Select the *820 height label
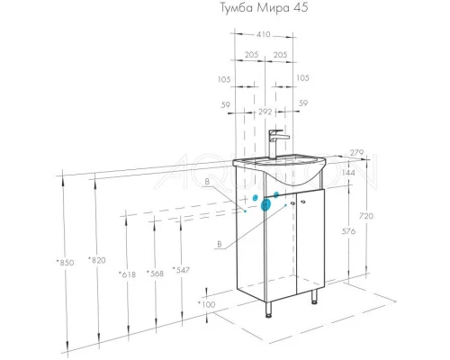96,260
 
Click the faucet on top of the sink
275,142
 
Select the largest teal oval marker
265,204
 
